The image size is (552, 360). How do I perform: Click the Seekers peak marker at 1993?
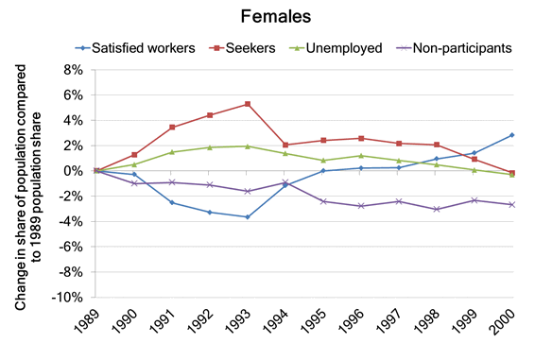coord(247,104)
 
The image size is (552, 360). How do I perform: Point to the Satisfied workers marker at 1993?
coord(247,217)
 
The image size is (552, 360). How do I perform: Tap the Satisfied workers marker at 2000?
coord(511,135)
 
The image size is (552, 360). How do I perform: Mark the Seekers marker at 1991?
coord(171,128)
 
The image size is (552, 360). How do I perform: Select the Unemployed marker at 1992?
coord(209,147)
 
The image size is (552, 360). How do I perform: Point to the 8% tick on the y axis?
coord(82,70)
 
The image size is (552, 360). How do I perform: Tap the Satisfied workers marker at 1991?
coord(171,203)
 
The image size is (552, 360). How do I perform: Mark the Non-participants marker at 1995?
coord(322,201)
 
